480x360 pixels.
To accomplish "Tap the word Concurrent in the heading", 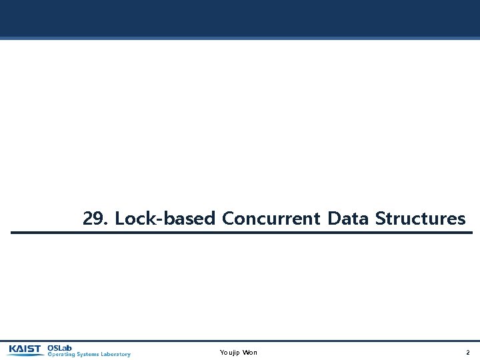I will (271, 219).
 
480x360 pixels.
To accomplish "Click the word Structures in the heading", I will (420, 219).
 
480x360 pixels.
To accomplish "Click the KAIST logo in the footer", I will (25, 349).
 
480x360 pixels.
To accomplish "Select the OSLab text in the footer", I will (59, 347).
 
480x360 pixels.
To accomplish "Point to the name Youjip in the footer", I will (229, 352).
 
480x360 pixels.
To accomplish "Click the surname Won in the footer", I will (250, 352).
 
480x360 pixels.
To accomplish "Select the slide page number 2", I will (467, 352).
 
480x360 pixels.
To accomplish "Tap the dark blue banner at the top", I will (240, 18).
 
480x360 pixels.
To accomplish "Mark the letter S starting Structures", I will (380, 219).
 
